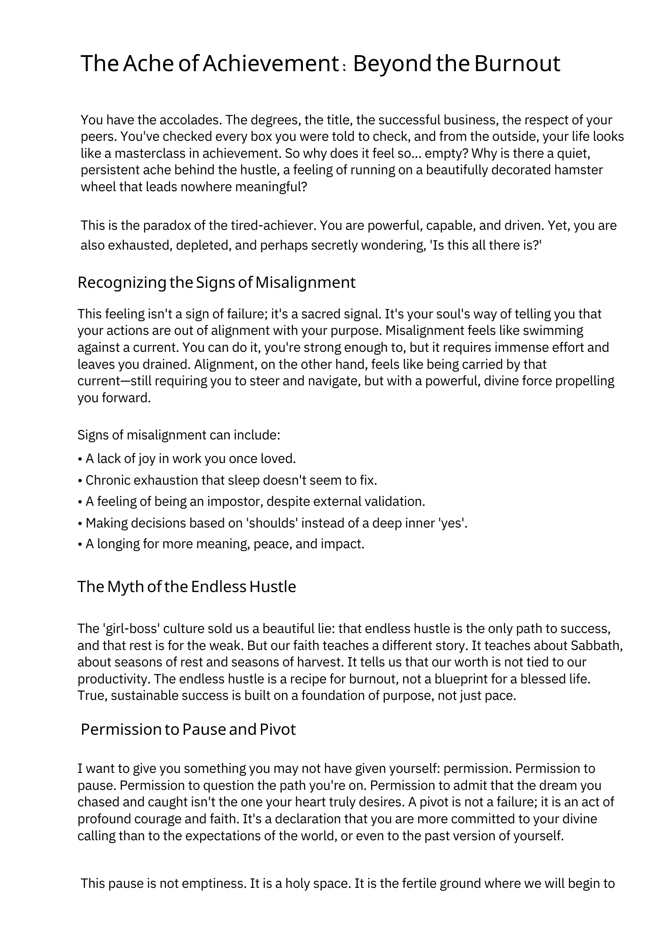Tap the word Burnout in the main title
point(517,64)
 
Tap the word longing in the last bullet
point(118,544)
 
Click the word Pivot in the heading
point(277,730)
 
